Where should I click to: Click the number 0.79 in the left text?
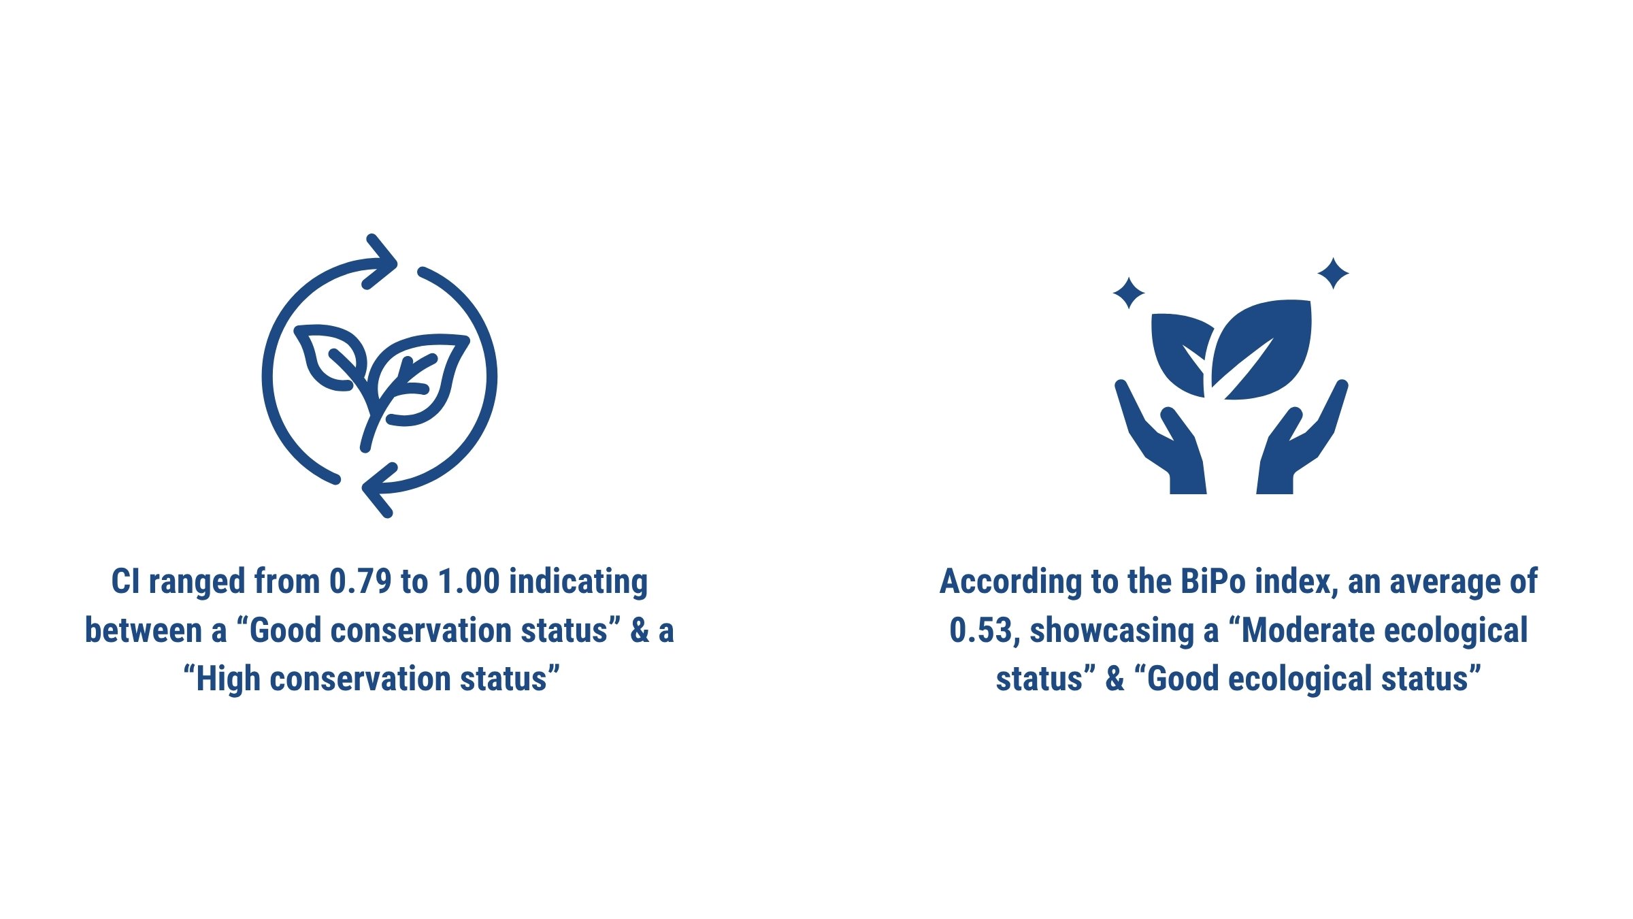361,581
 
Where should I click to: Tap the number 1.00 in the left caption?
469,581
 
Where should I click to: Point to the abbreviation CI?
126,581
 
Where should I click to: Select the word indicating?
578,583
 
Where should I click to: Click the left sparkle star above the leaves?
1129,293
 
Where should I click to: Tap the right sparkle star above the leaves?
1333,274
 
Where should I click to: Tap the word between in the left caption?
144,631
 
